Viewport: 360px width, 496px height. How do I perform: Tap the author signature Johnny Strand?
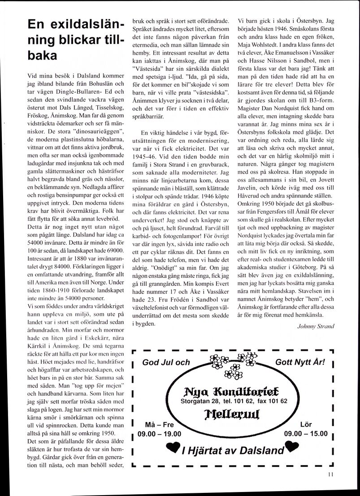click(x=316, y=326)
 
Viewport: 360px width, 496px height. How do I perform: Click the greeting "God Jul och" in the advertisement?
click(x=166, y=362)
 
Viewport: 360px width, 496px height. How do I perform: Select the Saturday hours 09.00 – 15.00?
click(x=306, y=433)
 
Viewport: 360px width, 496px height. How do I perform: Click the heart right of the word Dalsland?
click(x=292, y=447)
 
